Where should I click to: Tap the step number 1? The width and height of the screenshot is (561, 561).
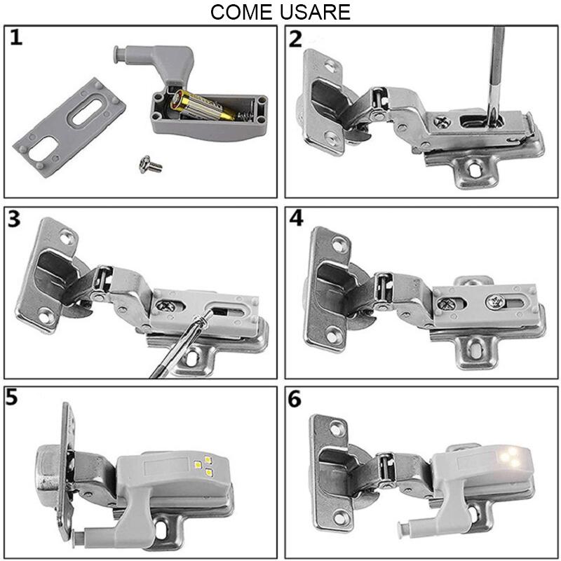pyautogui.click(x=16, y=37)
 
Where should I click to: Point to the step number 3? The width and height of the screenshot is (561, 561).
pyautogui.click(x=15, y=219)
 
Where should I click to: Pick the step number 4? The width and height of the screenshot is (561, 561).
pyautogui.click(x=296, y=219)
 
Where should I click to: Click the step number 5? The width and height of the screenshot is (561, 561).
pyautogui.click(x=14, y=397)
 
